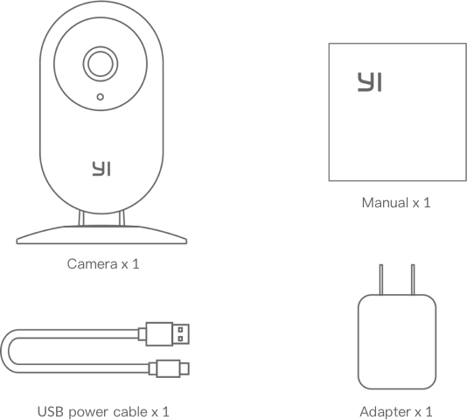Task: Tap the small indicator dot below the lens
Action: click(101, 97)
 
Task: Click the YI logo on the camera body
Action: click(101, 169)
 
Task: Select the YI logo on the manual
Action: click(370, 82)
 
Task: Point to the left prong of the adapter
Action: click(381, 280)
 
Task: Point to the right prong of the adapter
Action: click(413, 280)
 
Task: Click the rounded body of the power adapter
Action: click(397, 341)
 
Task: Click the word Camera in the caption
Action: click(93, 263)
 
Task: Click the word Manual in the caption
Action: click(385, 203)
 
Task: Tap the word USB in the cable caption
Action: click(51, 411)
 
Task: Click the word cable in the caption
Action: click(130, 411)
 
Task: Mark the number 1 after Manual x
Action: click(427, 203)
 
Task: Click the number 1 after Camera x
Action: click(136, 263)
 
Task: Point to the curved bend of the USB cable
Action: click(4, 351)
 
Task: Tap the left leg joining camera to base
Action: click(81, 219)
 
